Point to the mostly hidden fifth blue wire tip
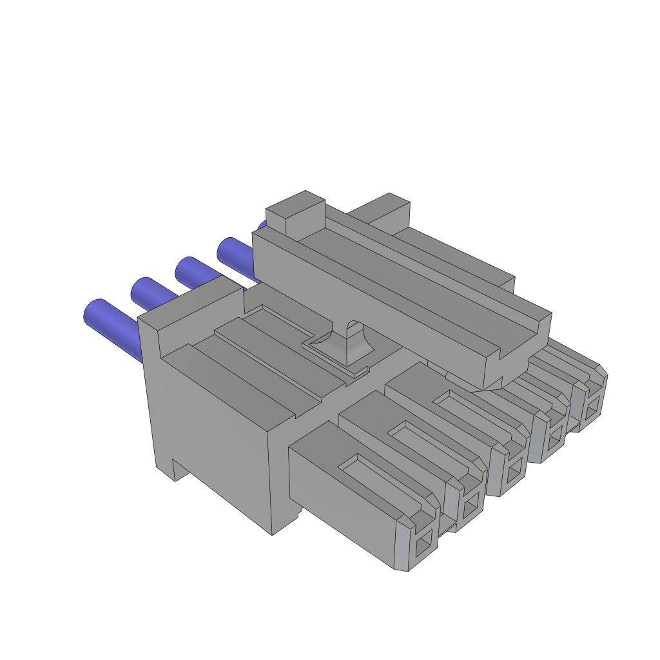click(x=261, y=226)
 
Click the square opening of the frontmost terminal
click(x=424, y=547)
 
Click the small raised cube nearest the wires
click(x=295, y=213)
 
